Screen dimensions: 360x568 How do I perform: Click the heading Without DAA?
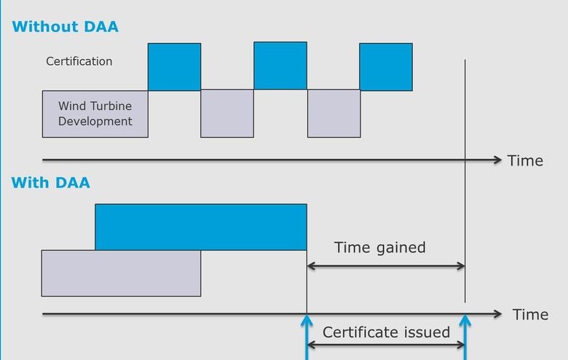[x=65, y=28]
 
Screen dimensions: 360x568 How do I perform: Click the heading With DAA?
[x=51, y=182]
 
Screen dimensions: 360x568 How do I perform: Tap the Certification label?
[x=79, y=61]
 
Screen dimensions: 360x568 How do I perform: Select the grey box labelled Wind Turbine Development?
[x=95, y=114]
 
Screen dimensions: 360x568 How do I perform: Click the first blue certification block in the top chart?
[x=174, y=67]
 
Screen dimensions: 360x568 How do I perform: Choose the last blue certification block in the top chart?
[x=386, y=67]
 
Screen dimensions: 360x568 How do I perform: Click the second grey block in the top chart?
[x=227, y=113]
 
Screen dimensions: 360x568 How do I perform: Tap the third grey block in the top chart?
[x=334, y=113]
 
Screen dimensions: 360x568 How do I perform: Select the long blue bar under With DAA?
[x=201, y=227]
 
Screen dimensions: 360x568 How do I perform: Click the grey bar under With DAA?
[x=121, y=273]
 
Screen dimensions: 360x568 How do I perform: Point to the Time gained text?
[x=380, y=247]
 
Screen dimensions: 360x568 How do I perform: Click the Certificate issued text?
[x=386, y=332]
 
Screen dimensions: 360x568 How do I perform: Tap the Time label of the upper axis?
[x=525, y=160]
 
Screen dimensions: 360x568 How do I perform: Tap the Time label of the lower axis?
[x=530, y=315]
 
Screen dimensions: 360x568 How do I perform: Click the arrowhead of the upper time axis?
[x=497, y=160]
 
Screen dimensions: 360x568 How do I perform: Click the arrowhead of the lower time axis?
[x=497, y=314]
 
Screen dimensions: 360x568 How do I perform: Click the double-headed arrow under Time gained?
[x=386, y=267]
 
